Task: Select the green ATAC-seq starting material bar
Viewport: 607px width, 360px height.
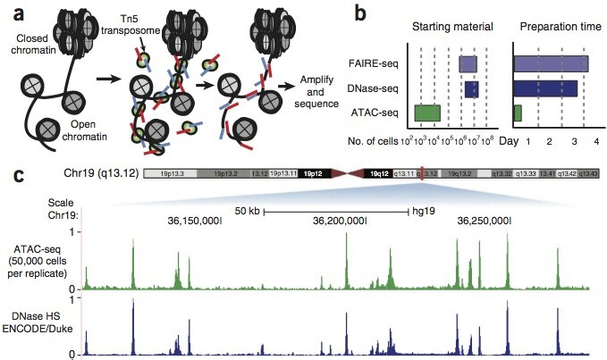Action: point(427,113)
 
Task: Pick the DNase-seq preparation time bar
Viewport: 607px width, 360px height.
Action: point(545,88)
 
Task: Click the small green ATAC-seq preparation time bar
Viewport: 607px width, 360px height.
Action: point(518,113)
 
